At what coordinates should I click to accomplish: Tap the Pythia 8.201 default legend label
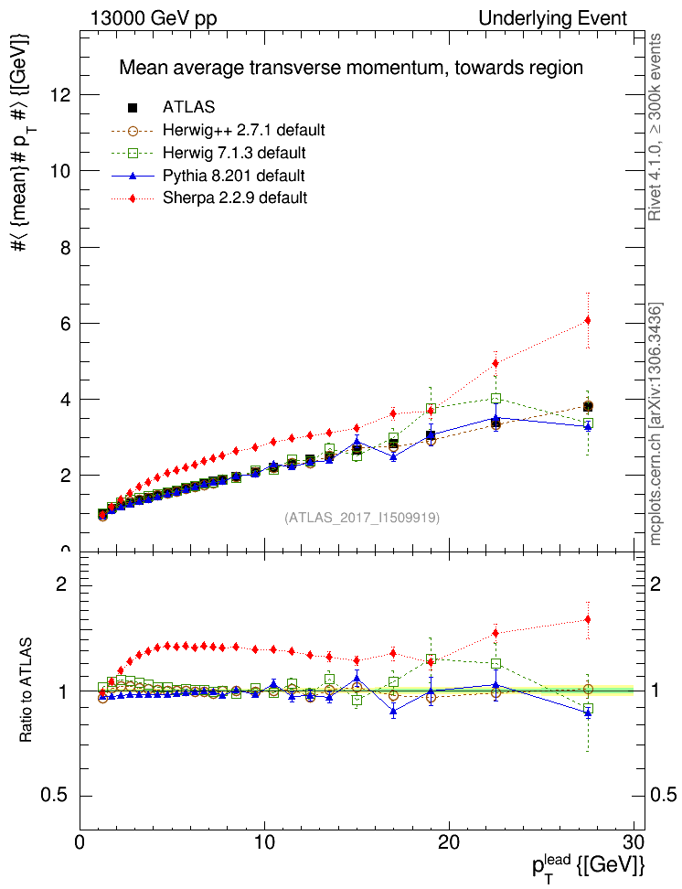click(x=233, y=175)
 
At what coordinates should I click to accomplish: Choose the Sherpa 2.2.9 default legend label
click(x=235, y=197)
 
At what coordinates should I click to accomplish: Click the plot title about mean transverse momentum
click(x=351, y=68)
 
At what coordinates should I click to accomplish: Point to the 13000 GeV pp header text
click(x=154, y=18)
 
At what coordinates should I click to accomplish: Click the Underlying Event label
click(x=553, y=18)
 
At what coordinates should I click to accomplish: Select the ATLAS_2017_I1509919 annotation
click(x=362, y=518)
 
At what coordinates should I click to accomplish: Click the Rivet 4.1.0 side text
click(x=655, y=128)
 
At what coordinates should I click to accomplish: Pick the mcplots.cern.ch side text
click(x=655, y=425)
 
